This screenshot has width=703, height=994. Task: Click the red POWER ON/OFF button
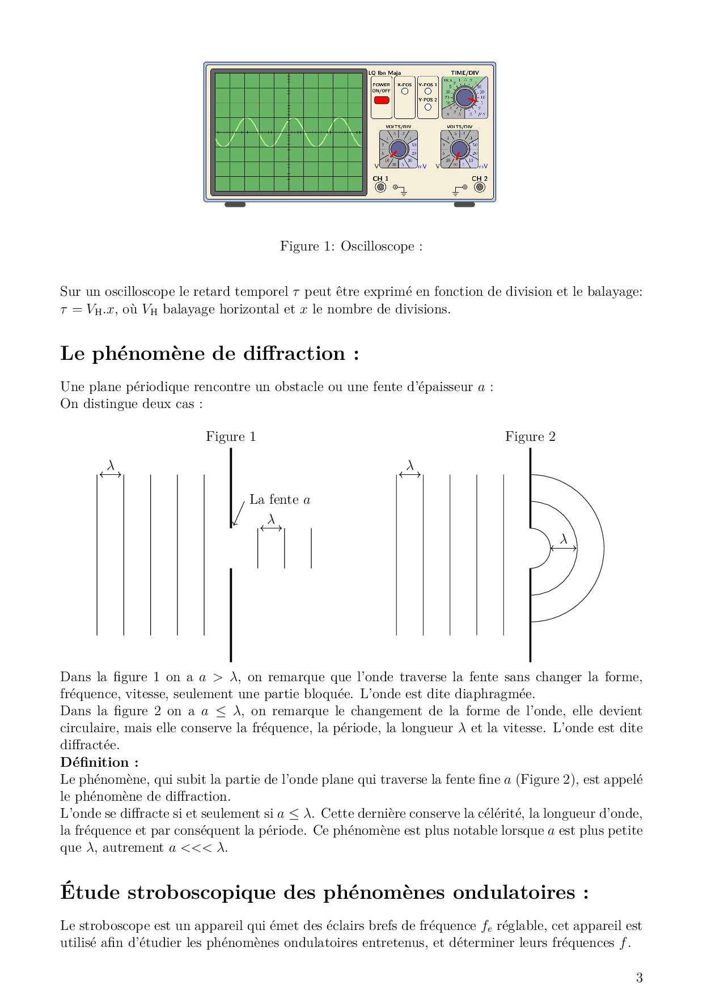381,100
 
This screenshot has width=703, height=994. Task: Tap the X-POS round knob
404,91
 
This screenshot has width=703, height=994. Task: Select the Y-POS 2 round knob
427,107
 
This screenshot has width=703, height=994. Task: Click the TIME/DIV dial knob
464,98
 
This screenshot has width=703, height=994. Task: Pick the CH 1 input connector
380,187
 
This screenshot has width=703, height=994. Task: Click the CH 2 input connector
479,187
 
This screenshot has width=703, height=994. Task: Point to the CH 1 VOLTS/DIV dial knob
398,149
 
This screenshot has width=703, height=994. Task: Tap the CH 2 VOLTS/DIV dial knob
459,149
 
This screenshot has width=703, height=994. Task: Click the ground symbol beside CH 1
403,192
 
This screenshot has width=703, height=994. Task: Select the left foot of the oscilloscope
235,205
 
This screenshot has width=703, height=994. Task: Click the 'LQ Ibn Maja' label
384,73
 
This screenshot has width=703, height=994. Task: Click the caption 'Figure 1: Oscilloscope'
351,247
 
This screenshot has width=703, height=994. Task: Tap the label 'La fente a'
279,500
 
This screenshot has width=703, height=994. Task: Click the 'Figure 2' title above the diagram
530,436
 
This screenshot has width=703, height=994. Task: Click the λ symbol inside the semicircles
564,540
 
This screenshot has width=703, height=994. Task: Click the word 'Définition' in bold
95,762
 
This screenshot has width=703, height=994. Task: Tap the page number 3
639,978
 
